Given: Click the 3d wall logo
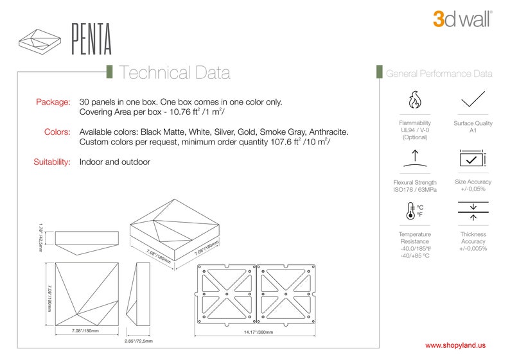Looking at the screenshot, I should (462, 18).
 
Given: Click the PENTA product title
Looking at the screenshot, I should (91, 40).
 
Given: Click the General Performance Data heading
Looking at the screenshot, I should (439, 74).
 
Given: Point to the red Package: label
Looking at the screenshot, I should (53, 102).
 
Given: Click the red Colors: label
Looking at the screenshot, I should (57, 132).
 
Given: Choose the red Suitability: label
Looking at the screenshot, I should (51, 162).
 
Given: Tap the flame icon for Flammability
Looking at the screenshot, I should (415, 101).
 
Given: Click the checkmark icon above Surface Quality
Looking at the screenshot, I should (473, 99).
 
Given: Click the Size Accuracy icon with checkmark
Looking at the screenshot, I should (473, 159).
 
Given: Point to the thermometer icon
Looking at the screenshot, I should (412, 211).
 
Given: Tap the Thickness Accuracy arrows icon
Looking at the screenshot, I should (473, 211).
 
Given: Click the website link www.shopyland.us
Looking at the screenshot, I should (455, 345).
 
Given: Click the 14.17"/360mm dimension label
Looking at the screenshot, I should (258, 332).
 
